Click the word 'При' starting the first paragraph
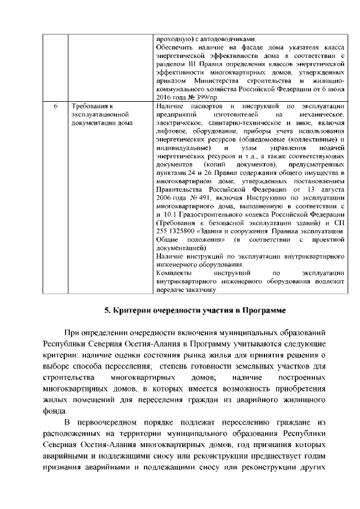[x=71, y=333]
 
